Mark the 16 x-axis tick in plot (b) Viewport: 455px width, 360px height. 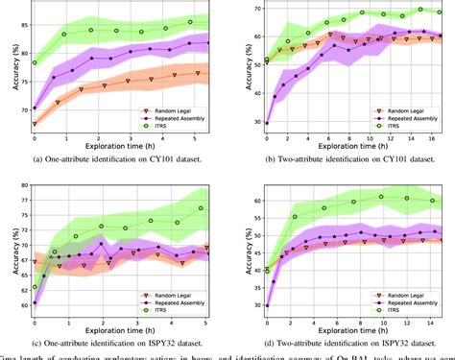point(429,139)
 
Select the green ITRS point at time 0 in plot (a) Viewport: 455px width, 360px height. point(35,62)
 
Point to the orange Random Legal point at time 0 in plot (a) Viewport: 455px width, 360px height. point(35,124)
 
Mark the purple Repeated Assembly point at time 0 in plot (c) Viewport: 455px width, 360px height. point(35,276)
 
